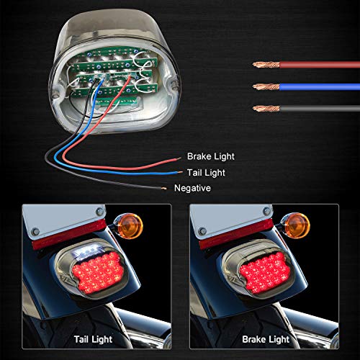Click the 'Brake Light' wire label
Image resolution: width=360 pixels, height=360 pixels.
pos(210,156)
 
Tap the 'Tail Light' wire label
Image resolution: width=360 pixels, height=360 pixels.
pos(206,173)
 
